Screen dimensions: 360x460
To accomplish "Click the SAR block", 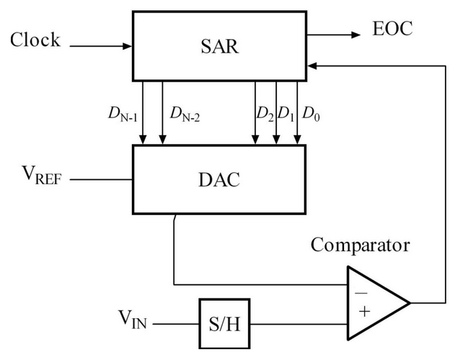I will point(219,44).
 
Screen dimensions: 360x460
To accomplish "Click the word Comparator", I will point(360,245).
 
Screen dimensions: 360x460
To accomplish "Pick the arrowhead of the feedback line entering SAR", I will point(311,65).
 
